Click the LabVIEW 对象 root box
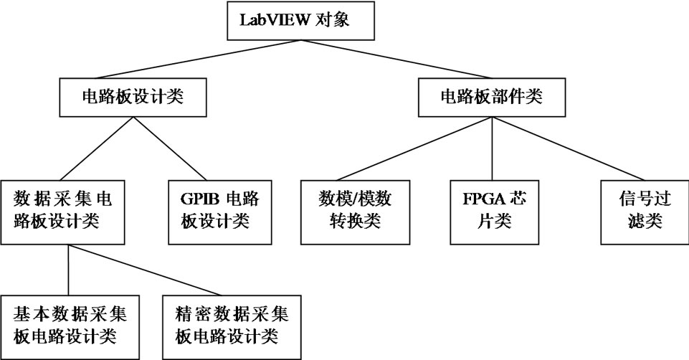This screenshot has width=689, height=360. click(300, 21)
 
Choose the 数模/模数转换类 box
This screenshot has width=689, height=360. click(355, 209)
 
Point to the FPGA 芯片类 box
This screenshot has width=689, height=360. click(494, 209)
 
